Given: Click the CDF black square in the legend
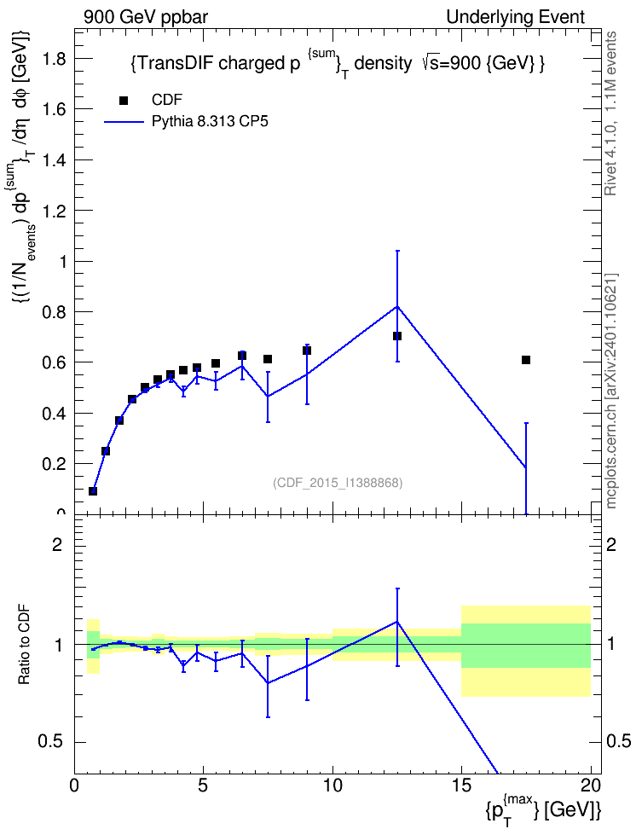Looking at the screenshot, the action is tap(124, 101).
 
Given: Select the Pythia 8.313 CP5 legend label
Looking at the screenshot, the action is tap(210, 122).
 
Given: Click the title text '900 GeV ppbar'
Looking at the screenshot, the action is tap(146, 17).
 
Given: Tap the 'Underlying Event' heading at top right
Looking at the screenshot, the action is tap(516, 17).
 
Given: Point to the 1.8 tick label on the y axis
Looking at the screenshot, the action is tap(54, 58).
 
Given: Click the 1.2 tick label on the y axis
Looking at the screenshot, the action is tap(54, 211).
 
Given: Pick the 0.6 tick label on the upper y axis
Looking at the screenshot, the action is tap(54, 362).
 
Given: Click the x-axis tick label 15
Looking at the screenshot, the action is tap(461, 786).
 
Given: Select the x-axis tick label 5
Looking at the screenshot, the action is tap(204, 786).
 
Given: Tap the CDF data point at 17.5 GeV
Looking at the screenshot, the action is tap(525, 360).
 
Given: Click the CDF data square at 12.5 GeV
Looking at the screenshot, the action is tap(397, 336).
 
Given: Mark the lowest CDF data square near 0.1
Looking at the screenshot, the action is tap(93, 490).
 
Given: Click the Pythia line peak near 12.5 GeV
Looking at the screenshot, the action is tap(397, 306).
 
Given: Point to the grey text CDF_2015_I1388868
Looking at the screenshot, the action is tap(338, 483).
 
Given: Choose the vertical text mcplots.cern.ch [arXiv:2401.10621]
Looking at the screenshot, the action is tap(611, 391).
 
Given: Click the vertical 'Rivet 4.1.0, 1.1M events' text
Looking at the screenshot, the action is tap(611, 113).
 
